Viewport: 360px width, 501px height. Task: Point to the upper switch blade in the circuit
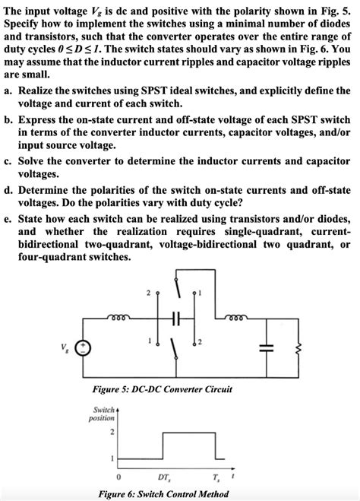click(176, 290)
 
